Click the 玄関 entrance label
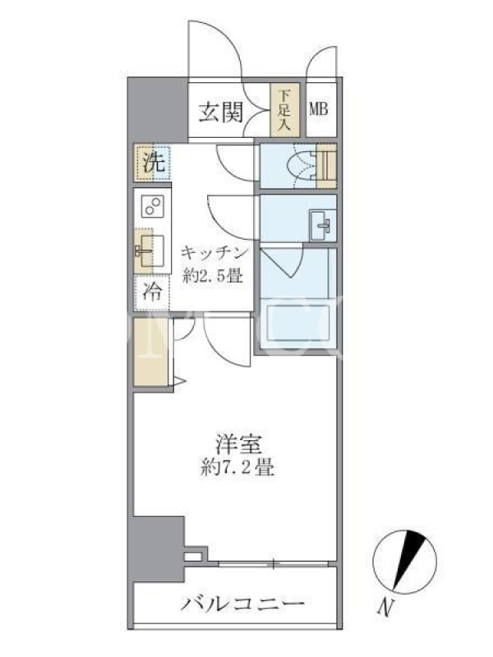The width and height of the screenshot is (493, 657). (220, 112)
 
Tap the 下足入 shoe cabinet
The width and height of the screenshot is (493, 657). (284, 110)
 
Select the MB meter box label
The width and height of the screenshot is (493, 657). (319, 109)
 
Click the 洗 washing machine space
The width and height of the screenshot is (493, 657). (152, 163)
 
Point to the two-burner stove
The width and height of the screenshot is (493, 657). (152, 207)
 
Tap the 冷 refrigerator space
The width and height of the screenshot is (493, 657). (152, 292)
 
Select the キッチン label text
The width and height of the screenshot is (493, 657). (213, 254)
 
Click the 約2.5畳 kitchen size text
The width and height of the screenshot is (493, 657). (213, 275)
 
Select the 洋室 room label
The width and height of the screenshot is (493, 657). (237, 444)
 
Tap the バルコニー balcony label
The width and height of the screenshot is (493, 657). (242, 604)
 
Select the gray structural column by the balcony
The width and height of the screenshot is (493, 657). (159, 549)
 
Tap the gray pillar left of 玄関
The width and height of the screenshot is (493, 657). (158, 111)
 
